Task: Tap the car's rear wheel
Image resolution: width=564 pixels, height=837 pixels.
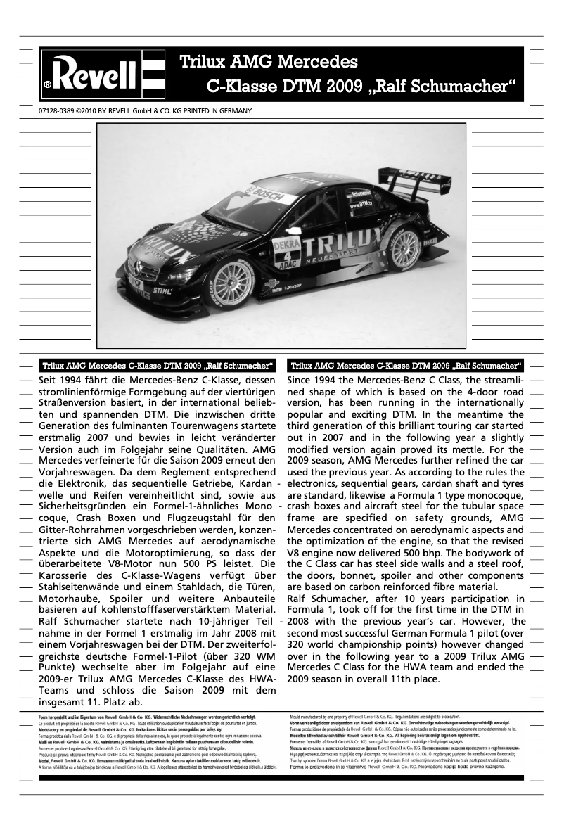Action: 406,248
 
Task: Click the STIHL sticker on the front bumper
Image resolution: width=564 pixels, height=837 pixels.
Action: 162,289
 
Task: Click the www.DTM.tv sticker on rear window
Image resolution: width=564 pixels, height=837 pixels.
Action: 361,205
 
